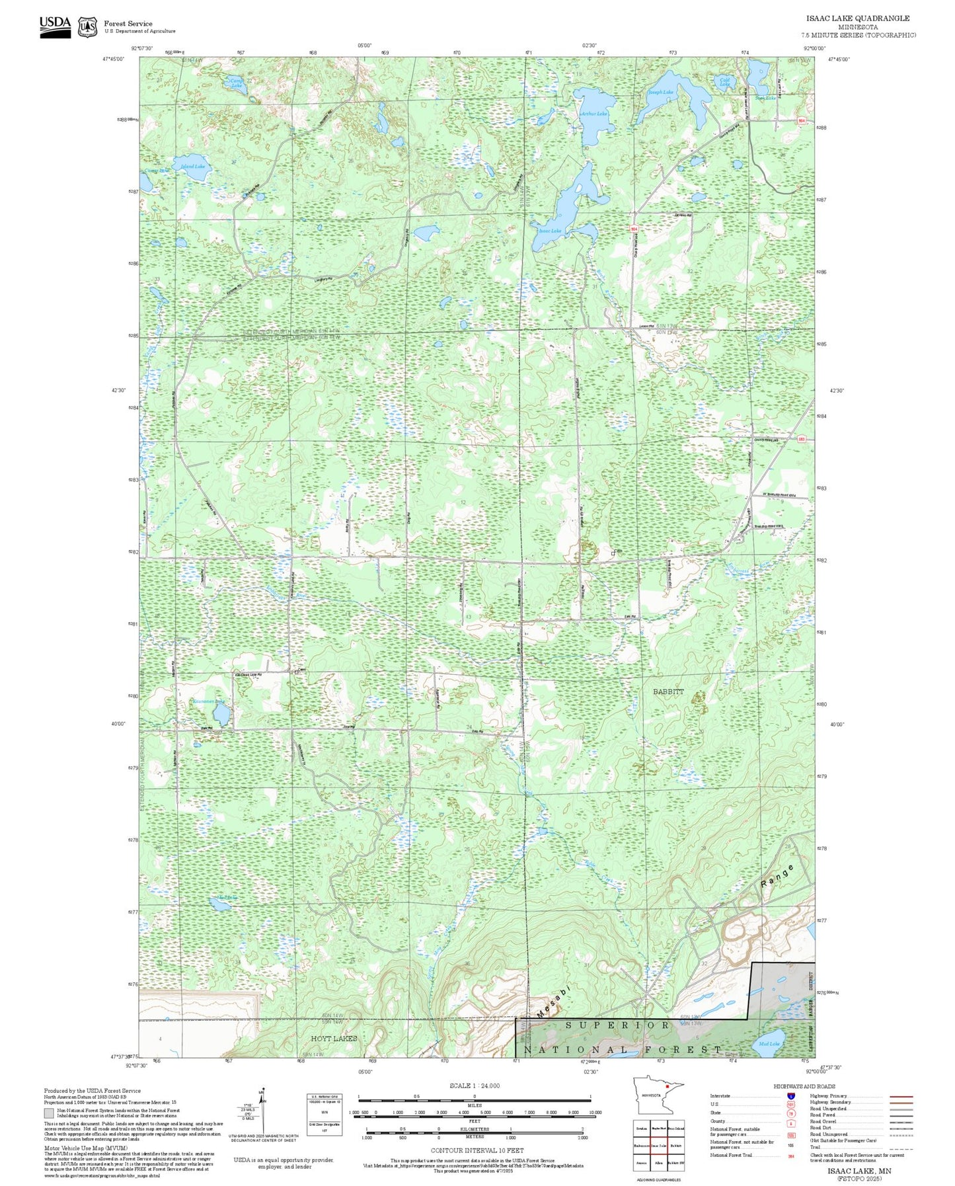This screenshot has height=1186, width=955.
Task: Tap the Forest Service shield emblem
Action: coord(87,26)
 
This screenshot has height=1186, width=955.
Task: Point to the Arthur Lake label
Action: coord(593,114)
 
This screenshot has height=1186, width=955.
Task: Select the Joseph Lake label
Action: coord(660,93)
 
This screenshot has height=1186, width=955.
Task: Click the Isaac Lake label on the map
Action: coord(550,231)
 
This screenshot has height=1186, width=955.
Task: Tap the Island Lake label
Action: coord(192,167)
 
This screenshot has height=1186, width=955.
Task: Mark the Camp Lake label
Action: coord(236,83)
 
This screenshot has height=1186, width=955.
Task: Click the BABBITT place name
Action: coord(668,691)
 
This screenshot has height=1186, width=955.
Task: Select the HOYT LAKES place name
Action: coord(334,1039)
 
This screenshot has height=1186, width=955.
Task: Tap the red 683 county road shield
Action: coord(801,439)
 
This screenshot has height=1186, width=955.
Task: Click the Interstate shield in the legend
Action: coord(791,1096)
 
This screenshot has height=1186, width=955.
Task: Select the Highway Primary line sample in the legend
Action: coord(901,1096)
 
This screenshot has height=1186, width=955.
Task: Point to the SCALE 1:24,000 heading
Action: coord(475,1086)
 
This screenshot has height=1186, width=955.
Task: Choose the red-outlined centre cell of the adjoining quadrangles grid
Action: coord(658,1145)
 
